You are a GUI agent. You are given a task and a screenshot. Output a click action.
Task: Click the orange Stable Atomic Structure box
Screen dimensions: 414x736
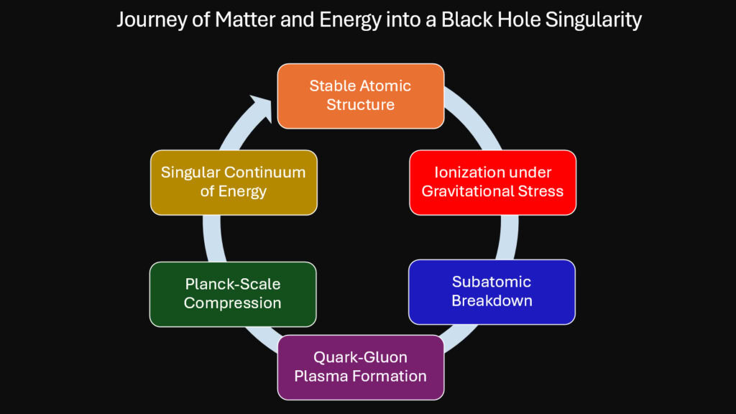pyautogui.click(x=360, y=96)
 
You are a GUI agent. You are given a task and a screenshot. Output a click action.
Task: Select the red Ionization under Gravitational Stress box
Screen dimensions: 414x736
pyautogui.click(x=492, y=182)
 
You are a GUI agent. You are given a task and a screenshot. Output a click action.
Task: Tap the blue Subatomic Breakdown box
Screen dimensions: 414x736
pyautogui.click(x=492, y=291)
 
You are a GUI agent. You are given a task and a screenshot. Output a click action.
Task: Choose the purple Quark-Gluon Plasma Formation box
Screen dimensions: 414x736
pyautogui.click(x=360, y=367)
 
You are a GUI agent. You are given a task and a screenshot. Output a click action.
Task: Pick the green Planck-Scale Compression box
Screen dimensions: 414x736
pyautogui.click(x=232, y=294)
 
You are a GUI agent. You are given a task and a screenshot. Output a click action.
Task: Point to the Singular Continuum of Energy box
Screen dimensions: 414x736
pyautogui.click(x=233, y=182)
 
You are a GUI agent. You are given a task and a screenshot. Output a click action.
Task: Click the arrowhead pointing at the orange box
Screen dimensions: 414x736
pyautogui.click(x=262, y=107)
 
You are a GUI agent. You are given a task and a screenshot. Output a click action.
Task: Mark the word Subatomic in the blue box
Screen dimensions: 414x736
pyautogui.click(x=492, y=281)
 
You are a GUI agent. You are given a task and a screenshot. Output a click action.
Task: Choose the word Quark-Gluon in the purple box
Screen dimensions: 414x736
pyautogui.click(x=360, y=356)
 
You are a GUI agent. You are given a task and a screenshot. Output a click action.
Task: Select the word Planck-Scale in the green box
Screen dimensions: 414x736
pyautogui.click(x=232, y=284)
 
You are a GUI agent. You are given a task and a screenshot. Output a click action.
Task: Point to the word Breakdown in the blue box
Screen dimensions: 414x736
pyautogui.click(x=492, y=300)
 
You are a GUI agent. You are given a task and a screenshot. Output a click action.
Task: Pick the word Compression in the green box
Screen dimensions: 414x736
pyautogui.click(x=232, y=303)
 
